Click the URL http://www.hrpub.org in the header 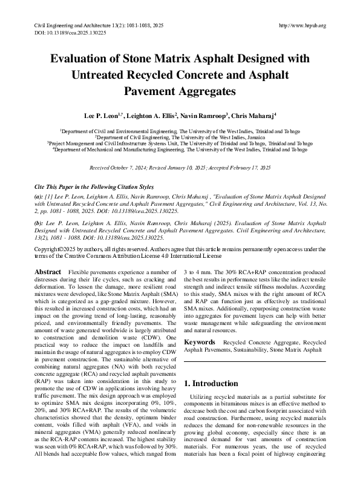coord(303,25)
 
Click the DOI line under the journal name coord(68,33)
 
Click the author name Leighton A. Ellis coord(151,114)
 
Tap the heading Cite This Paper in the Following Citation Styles coord(95,187)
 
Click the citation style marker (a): coord(39,197)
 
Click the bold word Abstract coord(48,272)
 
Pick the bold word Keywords coord(200,342)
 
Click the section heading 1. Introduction coord(211,384)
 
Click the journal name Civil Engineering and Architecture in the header coord(76,25)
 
